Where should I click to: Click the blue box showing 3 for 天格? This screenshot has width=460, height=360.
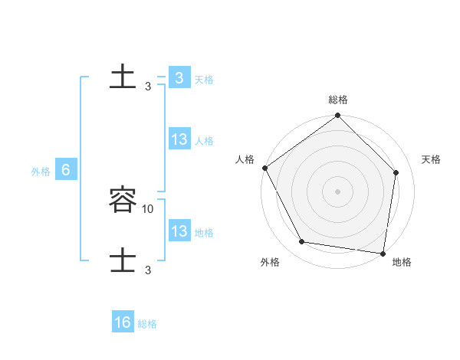(x=179, y=78)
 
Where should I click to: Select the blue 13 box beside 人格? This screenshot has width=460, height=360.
(x=179, y=139)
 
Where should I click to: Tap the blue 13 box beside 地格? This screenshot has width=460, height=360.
(x=179, y=231)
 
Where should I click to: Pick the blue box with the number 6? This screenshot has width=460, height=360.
(x=66, y=170)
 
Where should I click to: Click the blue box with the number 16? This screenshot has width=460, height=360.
(x=123, y=322)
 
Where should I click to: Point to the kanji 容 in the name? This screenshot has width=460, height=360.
(x=123, y=201)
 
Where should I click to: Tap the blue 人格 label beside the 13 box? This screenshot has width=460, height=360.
(x=204, y=141)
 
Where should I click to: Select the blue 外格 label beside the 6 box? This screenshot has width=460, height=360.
(x=41, y=172)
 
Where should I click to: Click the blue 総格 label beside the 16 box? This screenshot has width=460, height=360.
(x=147, y=324)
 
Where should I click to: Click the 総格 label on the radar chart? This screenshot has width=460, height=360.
(x=338, y=100)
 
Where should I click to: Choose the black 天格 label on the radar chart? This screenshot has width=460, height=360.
(x=431, y=159)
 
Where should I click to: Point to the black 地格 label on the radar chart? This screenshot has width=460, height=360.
(x=402, y=262)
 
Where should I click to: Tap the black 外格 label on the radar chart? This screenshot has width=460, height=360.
(x=270, y=262)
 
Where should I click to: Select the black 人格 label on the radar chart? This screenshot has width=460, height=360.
(x=245, y=159)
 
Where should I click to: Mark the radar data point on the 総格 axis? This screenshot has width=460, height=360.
(x=338, y=116)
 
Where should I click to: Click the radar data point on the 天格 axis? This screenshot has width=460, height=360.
(x=396, y=172)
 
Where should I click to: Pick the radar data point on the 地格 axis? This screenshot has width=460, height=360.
(x=383, y=252)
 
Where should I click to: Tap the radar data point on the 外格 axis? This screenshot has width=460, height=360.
(x=302, y=242)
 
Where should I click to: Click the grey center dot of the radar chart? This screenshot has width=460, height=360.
(x=338, y=191)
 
